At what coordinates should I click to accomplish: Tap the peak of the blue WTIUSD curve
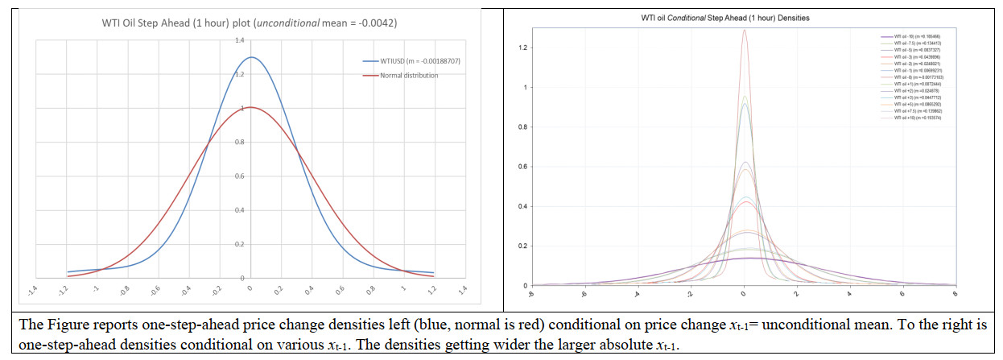pyautogui.click(x=251, y=57)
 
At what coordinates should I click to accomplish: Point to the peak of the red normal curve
pyautogui.click(x=251, y=107)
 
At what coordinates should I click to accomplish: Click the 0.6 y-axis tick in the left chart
pyautogui.click(x=239, y=176)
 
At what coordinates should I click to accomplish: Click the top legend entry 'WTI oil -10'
pyautogui.click(x=911, y=37)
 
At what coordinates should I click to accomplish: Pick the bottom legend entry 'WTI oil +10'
pyautogui.click(x=911, y=118)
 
